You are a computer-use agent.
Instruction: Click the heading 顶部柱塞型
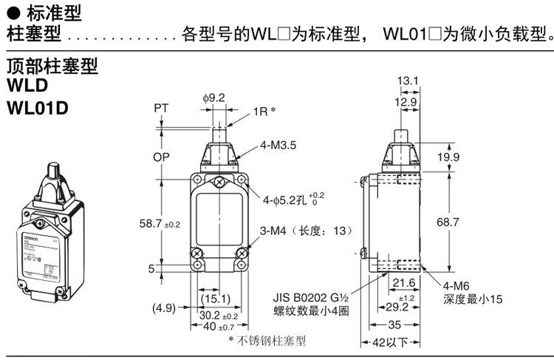point(52,67)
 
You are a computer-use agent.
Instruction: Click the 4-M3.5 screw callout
point(278,146)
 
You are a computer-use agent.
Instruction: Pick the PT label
point(161,109)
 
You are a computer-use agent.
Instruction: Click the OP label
point(161,157)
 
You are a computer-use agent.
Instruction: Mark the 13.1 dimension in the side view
point(407,80)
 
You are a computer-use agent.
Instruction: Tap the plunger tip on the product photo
point(55,171)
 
